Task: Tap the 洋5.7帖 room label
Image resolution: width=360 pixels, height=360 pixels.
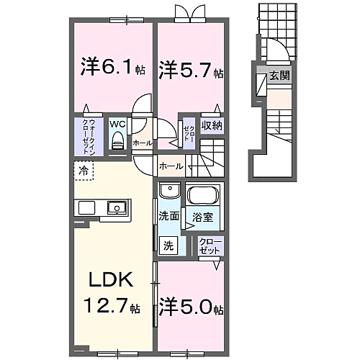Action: tap(191, 71)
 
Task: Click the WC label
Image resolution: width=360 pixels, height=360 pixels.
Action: tap(117, 123)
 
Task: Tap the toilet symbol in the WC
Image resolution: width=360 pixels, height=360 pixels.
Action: tap(117, 141)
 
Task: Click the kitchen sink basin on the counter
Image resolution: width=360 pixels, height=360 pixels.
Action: tap(114, 208)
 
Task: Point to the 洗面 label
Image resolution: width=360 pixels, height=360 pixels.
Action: tap(168, 215)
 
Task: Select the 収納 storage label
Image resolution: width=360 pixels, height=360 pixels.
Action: tap(211, 126)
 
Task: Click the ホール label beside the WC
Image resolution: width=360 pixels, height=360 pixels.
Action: tap(142, 143)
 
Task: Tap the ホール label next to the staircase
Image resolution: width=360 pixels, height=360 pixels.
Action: tap(171, 166)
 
